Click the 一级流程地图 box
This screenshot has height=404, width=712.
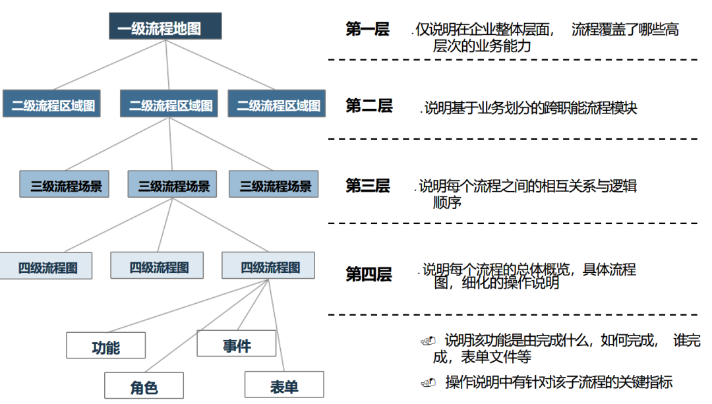click(x=165, y=28)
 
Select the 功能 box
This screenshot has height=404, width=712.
click(x=105, y=345)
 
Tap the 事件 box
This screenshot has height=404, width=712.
click(x=236, y=343)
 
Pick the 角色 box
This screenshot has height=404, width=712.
click(x=144, y=386)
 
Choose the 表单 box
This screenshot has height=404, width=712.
click(x=283, y=385)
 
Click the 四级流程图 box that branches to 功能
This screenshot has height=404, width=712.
click(x=268, y=266)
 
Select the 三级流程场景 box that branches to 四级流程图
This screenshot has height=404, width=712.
click(x=173, y=185)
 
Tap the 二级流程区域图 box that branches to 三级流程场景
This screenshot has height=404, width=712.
click(x=171, y=104)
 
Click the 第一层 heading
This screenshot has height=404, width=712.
click(x=367, y=29)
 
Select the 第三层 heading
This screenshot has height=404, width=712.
click(x=367, y=186)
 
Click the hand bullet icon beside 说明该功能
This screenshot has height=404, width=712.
click(x=428, y=341)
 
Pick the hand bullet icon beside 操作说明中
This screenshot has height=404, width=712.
click(x=428, y=382)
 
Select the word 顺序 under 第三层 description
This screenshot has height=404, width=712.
click(x=447, y=202)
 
